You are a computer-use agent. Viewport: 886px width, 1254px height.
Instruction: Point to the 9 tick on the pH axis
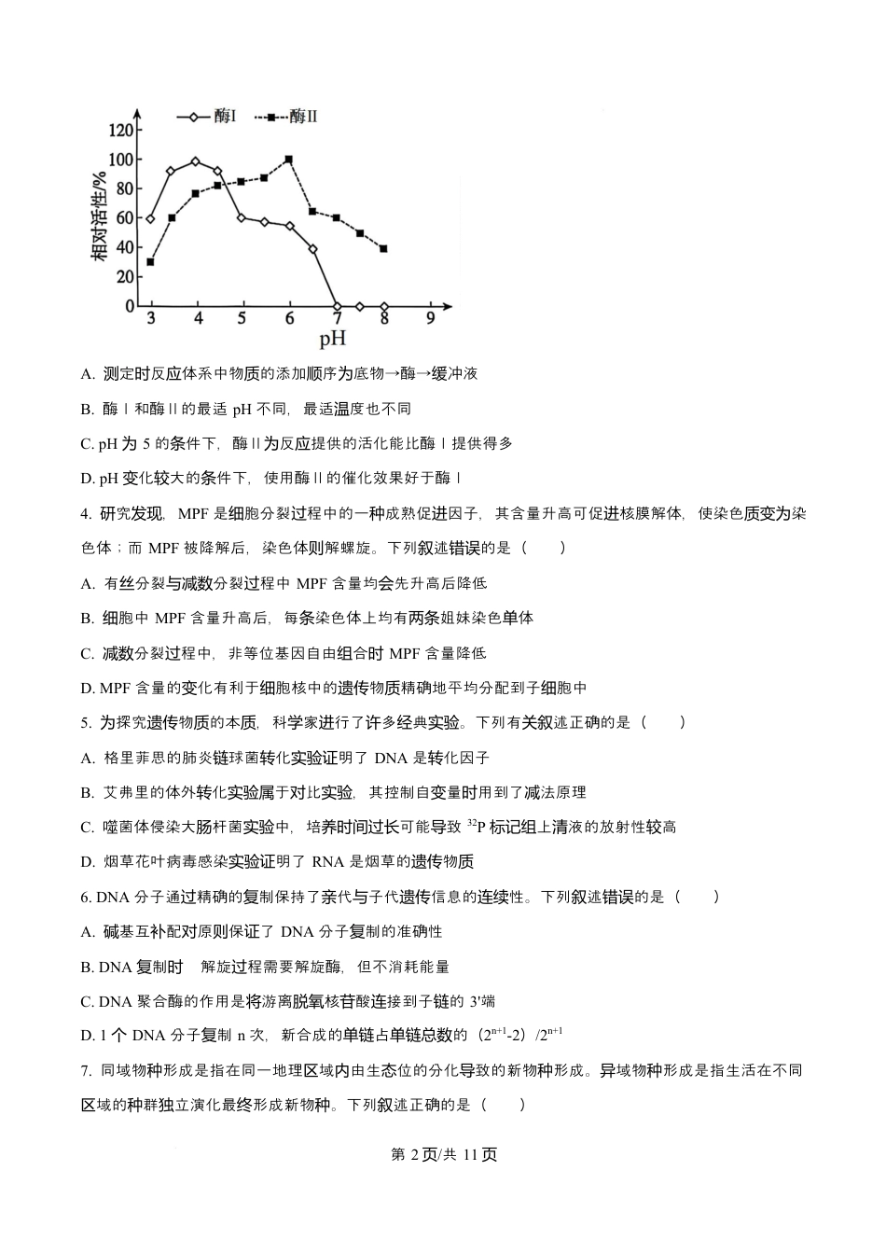[x=430, y=318]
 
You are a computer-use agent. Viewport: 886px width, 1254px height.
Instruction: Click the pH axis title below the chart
[x=333, y=339]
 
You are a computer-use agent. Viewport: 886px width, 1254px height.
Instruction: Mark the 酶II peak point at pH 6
[x=289, y=160]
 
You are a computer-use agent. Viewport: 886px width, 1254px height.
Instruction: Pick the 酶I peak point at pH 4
[x=195, y=161]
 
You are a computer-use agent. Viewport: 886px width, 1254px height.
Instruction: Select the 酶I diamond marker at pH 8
[x=383, y=306]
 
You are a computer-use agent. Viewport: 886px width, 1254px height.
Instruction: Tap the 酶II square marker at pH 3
[x=150, y=261]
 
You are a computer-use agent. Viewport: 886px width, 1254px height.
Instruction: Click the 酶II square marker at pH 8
[x=383, y=248]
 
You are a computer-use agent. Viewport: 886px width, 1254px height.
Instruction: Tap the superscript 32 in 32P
[x=472, y=822]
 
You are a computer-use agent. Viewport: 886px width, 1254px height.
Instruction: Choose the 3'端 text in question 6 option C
[x=482, y=1001]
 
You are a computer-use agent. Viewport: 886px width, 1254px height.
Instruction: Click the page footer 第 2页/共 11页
[x=442, y=1154]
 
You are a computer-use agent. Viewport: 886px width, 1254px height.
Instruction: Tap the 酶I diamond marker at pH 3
[x=150, y=218]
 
